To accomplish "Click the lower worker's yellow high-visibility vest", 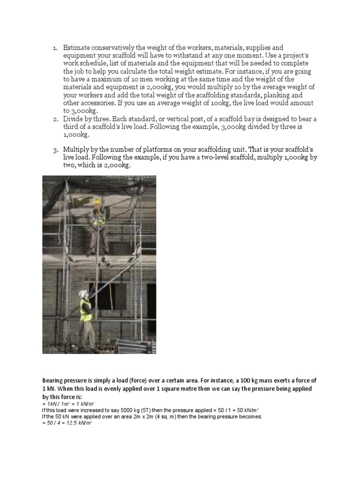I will (x=85, y=310).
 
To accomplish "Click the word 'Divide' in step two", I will (x=75, y=119).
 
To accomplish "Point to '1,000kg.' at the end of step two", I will (x=76, y=135).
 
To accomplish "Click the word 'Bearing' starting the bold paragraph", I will (x=54, y=380).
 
